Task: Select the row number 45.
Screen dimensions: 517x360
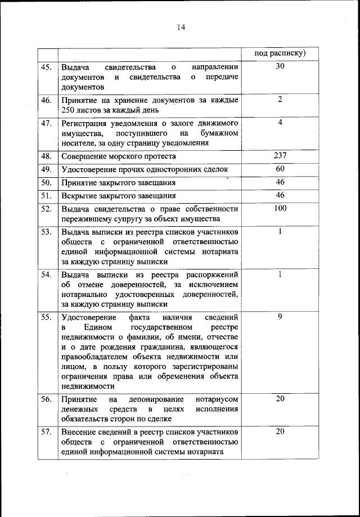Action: coord(47,67)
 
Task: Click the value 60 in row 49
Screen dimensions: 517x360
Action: coord(280,169)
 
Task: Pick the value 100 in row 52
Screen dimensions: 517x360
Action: coord(280,208)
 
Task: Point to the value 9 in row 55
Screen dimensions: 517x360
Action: coord(280,317)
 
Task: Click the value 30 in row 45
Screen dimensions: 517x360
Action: coord(280,66)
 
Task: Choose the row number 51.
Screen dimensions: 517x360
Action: coord(47,196)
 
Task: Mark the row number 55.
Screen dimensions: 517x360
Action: coord(47,318)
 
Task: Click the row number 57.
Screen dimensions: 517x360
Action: coord(47,431)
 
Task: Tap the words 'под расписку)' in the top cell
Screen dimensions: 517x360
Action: coord(280,53)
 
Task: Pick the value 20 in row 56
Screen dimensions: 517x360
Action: coord(280,398)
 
